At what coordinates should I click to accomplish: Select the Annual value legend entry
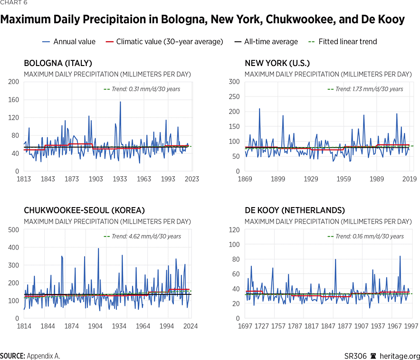click(x=74, y=42)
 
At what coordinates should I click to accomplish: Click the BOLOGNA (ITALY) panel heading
click(x=58, y=63)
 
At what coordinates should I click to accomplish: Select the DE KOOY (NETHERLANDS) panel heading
click(x=295, y=210)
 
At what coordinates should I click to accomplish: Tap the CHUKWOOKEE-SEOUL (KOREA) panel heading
click(x=85, y=210)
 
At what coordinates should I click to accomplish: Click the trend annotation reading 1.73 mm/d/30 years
click(x=369, y=89)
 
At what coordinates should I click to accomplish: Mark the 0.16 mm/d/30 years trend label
click(x=369, y=236)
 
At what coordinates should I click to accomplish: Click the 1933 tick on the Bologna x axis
click(x=120, y=179)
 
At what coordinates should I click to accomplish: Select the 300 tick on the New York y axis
click(x=234, y=82)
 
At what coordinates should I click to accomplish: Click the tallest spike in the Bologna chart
click(x=120, y=102)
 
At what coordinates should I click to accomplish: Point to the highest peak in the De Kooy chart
click(x=400, y=256)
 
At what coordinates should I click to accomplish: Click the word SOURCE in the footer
click(x=12, y=356)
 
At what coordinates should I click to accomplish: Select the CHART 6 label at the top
click(x=14, y=2)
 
